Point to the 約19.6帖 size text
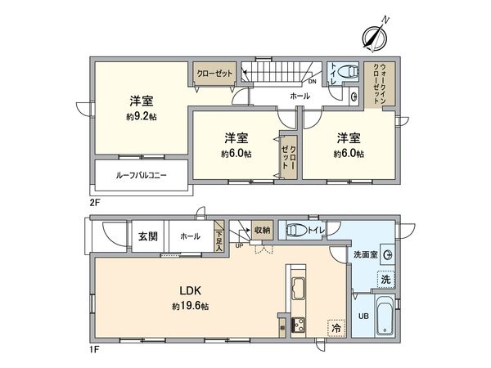191,307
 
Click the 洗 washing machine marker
385,280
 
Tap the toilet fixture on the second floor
347,71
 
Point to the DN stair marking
312,81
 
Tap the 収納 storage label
262,230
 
